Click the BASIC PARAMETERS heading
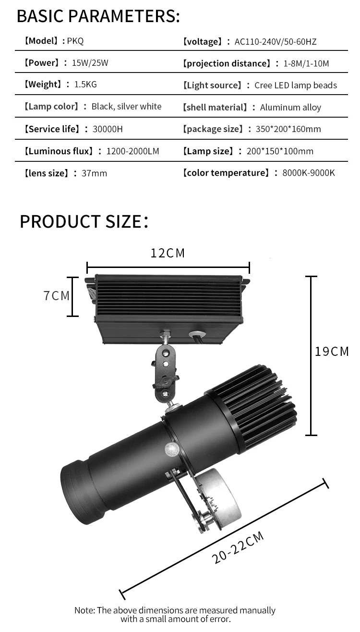click(x=98, y=16)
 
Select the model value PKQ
click(x=75, y=41)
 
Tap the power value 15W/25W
click(x=90, y=62)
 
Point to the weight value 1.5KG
click(x=85, y=85)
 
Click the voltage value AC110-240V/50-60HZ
click(x=276, y=42)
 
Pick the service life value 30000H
click(x=108, y=129)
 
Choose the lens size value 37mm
click(x=95, y=173)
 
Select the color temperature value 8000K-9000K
click(x=309, y=173)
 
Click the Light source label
click(x=212, y=85)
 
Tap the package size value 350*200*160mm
click(x=288, y=129)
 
